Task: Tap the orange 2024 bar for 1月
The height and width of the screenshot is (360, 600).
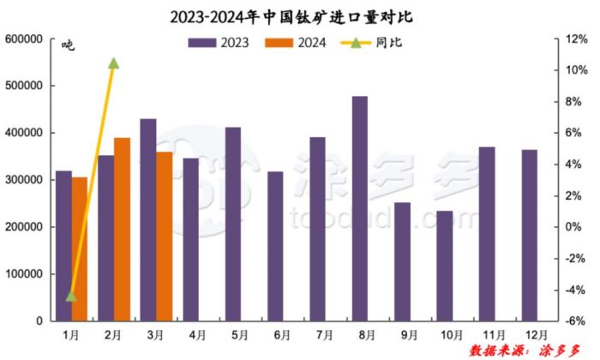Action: tap(80, 249)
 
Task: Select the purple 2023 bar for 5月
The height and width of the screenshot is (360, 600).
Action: tap(233, 224)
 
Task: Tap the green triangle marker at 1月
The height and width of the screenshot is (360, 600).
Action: tap(71, 297)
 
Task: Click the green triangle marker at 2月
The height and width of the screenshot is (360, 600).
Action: tap(113, 63)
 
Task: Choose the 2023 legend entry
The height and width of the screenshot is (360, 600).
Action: tap(218, 42)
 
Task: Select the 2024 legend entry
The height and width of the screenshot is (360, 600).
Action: tap(295, 42)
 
